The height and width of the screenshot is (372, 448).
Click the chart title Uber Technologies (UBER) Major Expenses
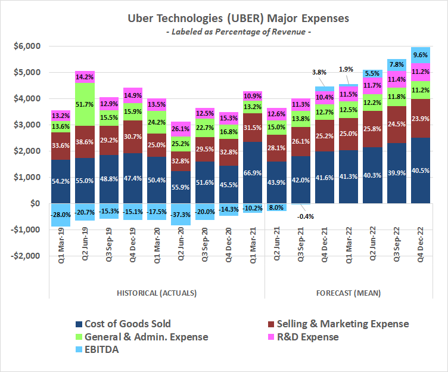tap(238, 18)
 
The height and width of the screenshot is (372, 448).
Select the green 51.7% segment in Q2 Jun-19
tap(85, 104)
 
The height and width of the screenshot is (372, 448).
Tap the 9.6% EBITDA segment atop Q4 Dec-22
tap(421, 55)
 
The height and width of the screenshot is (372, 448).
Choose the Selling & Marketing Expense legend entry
tap(336, 324)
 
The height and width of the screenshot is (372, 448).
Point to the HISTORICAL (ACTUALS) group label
tap(156, 293)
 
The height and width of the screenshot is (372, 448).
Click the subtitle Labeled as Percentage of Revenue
tap(238, 32)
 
